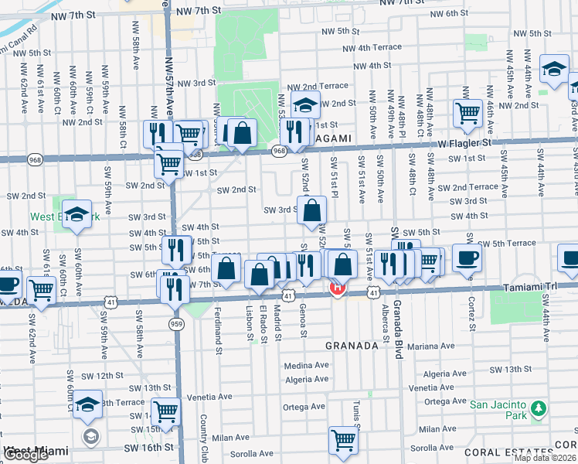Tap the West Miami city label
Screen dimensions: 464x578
tap(36, 450)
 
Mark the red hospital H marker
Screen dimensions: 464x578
tap(337, 289)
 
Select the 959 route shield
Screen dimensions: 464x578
tap(177, 324)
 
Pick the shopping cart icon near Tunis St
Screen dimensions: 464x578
tap(343, 440)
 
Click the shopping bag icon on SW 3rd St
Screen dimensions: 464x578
tap(311, 211)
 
